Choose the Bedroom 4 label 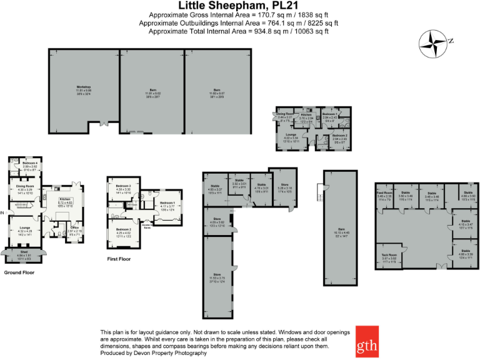(31, 165)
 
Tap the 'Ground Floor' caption (19, 272)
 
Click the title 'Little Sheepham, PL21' (239, 5)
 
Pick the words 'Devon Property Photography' (169, 353)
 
